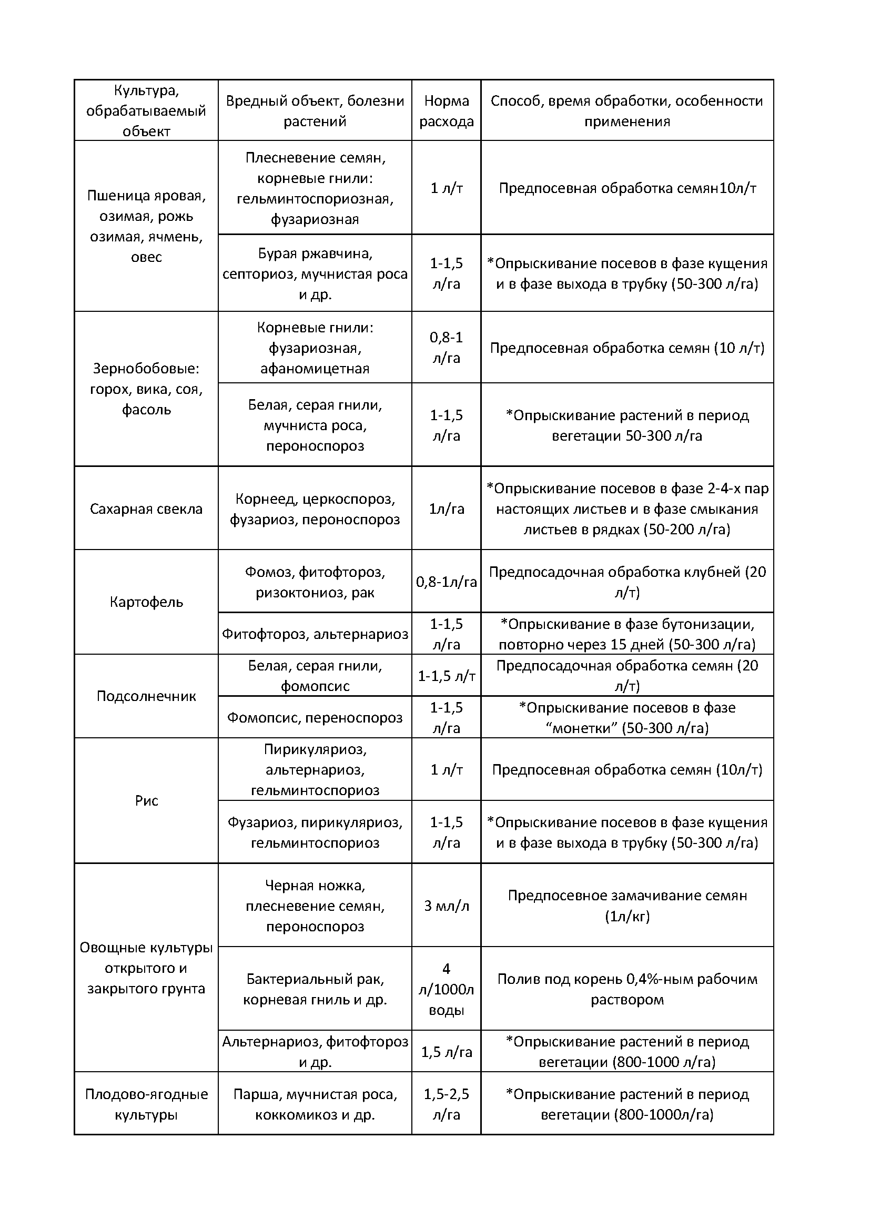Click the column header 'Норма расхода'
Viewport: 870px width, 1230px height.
coord(446,111)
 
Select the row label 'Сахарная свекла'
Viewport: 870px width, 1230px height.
coord(146,509)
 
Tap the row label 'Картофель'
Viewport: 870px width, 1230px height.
coord(146,602)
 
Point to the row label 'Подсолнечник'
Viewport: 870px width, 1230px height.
coord(146,696)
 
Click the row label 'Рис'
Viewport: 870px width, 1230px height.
coord(146,800)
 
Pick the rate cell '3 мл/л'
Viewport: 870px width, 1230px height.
coord(446,906)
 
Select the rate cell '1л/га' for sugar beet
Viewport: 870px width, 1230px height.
coord(446,509)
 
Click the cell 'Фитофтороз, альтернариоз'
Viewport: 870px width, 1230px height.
coord(315,634)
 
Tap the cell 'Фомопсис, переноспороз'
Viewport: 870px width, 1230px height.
coord(315,717)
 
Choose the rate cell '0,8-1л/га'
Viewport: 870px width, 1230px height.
coord(446,582)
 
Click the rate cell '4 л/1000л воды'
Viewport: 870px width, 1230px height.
coord(446,990)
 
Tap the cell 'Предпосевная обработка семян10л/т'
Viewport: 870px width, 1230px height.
coord(628,188)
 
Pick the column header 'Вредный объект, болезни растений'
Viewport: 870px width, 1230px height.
coord(315,111)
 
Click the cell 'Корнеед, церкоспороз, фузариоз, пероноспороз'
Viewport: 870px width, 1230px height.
coord(315,509)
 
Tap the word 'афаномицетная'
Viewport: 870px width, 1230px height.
coord(315,369)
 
